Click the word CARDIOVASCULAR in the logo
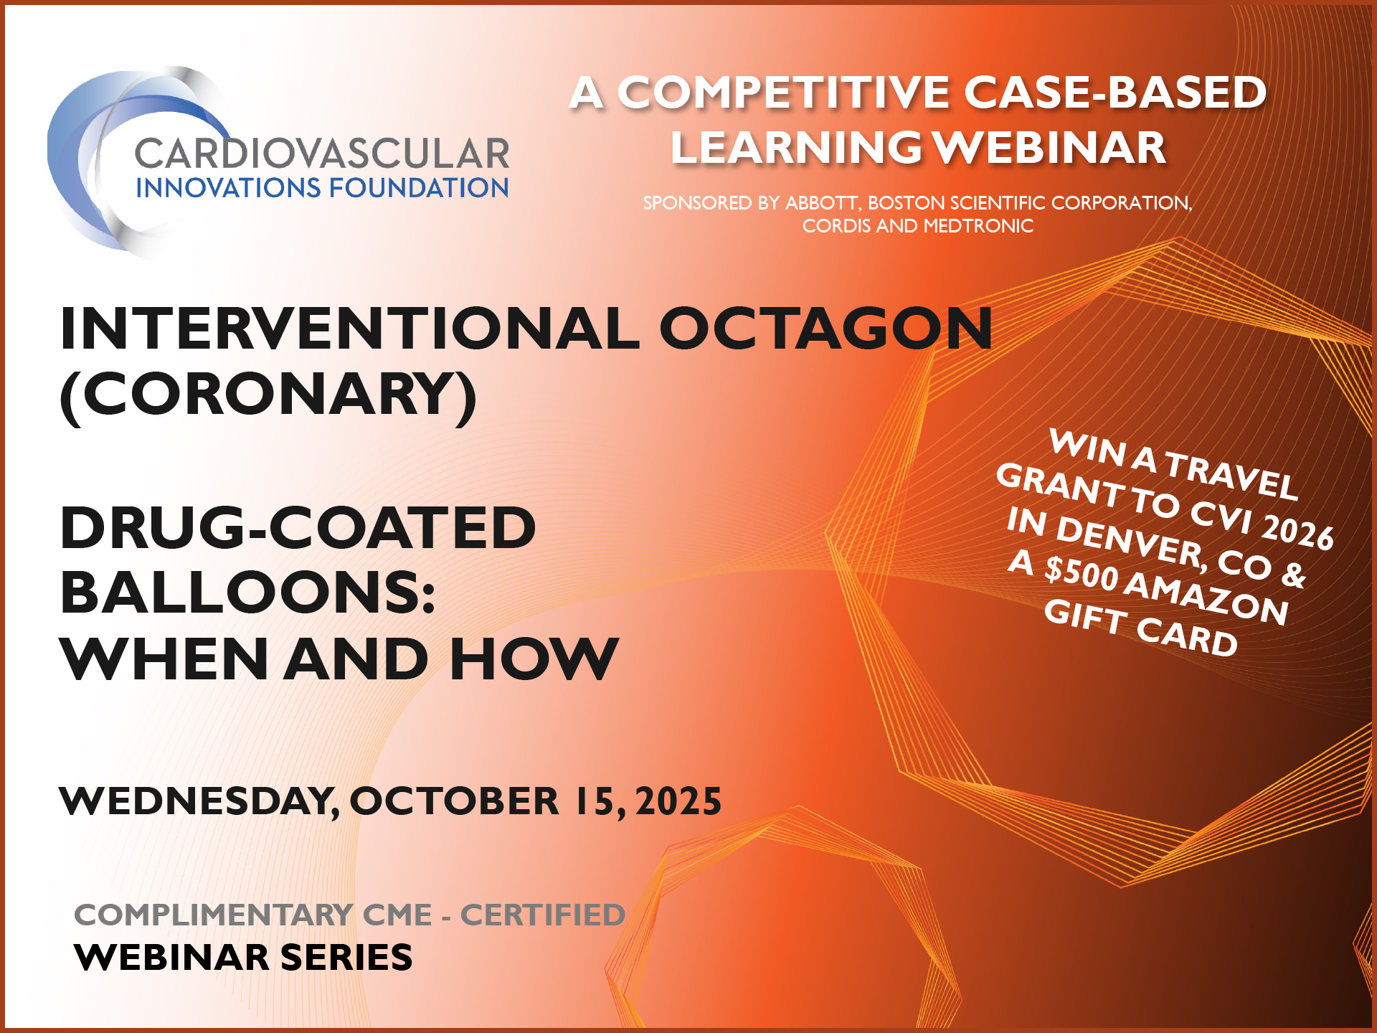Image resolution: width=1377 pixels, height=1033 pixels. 321,154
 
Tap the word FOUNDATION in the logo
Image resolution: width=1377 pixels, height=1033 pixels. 419,188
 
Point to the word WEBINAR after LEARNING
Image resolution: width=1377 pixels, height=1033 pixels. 1050,148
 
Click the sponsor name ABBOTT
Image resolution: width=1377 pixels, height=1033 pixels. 822,203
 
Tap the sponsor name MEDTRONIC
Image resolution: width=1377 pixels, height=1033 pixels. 978,226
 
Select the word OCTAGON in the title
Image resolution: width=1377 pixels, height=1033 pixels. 825,329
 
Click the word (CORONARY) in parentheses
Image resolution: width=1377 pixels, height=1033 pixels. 268,395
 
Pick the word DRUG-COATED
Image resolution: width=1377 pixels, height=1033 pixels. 298,528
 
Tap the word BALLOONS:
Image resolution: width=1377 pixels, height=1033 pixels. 248,593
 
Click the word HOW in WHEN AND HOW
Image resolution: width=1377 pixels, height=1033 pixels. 534,659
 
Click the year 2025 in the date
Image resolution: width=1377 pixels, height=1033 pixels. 678,801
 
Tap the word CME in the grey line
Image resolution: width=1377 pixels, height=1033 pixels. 397,915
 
